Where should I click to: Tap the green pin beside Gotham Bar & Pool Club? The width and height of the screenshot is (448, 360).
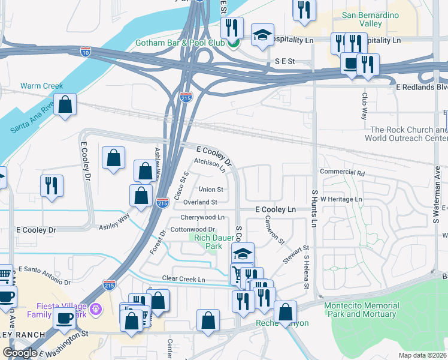click(235, 43)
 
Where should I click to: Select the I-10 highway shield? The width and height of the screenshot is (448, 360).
click(86, 52)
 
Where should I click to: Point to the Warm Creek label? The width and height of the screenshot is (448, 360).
click(41, 86)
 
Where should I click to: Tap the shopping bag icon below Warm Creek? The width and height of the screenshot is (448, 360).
click(66, 104)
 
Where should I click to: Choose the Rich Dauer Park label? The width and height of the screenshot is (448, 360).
click(213, 242)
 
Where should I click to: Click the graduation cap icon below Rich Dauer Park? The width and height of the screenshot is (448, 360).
click(243, 254)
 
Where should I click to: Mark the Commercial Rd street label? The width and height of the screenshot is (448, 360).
click(343, 172)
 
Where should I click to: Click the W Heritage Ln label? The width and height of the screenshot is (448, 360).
click(341, 199)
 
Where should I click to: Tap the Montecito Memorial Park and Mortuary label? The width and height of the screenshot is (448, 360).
click(361, 310)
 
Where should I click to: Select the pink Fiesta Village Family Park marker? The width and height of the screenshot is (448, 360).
click(98, 310)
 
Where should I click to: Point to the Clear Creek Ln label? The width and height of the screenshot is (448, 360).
click(184, 280)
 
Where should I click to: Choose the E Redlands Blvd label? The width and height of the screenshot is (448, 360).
click(422, 87)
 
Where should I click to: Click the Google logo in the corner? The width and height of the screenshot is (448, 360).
click(20, 353)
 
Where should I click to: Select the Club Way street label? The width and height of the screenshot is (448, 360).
click(364, 106)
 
